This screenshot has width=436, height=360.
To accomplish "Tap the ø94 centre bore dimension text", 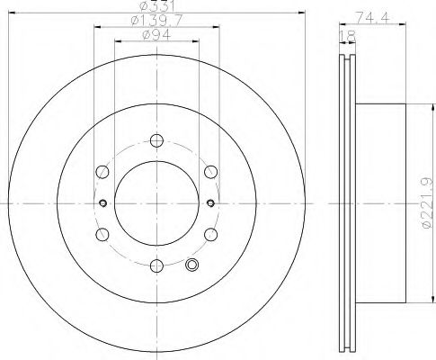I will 157,37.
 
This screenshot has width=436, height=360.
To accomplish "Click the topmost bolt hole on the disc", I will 157,139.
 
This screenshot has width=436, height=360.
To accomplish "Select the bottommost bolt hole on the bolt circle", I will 157,265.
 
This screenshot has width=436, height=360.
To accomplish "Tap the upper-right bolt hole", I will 210,170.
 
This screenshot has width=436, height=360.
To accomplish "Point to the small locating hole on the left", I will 103,202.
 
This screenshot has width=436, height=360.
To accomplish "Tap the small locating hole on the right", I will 211,202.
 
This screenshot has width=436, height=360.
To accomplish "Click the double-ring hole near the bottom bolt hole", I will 191,265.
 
